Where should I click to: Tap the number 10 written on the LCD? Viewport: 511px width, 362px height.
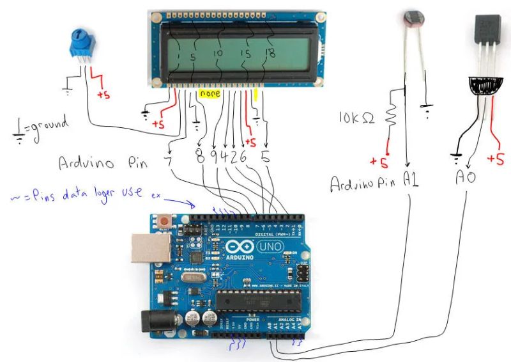click(x=218, y=54)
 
